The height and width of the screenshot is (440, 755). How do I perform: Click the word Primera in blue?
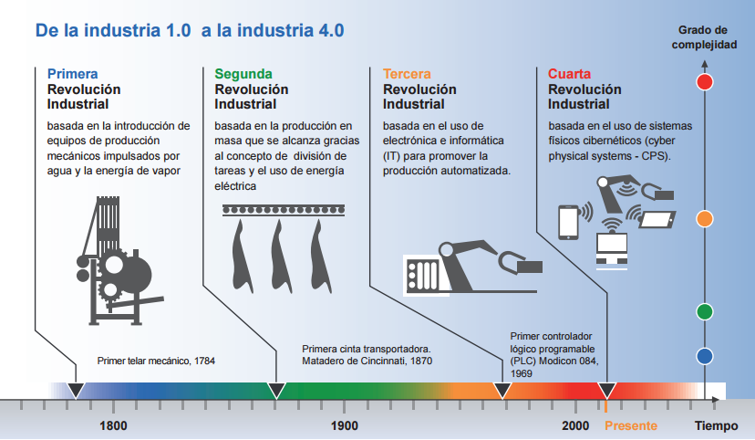click(72, 73)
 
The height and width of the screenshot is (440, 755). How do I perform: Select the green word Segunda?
click(243, 73)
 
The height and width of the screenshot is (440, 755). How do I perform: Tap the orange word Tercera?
click(407, 73)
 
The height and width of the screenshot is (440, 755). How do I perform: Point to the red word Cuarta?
click(570, 73)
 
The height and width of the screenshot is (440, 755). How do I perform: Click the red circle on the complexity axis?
click(704, 81)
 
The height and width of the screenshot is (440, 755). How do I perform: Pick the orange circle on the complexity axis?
click(704, 218)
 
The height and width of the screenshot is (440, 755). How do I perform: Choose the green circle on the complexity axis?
click(704, 311)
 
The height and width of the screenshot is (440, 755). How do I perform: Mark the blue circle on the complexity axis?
click(704, 356)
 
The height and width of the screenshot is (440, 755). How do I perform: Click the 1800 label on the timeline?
click(113, 425)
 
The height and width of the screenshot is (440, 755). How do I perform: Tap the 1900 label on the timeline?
click(344, 425)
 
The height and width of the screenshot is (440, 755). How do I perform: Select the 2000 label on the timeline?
click(575, 425)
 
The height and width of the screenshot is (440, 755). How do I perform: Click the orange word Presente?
click(630, 425)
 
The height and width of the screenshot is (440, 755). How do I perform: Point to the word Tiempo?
click(717, 425)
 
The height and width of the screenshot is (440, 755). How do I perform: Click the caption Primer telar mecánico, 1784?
click(156, 361)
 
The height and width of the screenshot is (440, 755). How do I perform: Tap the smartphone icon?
click(568, 221)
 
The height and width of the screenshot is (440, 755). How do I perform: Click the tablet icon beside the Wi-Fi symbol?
click(657, 220)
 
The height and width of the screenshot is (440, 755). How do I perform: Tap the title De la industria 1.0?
click(113, 30)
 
